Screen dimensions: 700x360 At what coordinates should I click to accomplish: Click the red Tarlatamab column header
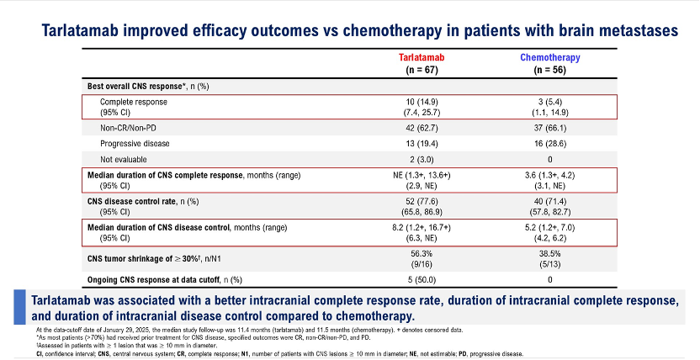(x=422, y=57)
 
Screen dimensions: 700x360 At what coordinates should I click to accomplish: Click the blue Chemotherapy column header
(x=550, y=57)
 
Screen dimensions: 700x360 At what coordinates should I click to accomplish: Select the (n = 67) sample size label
(x=422, y=70)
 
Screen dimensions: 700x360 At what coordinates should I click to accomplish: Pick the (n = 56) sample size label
(x=550, y=70)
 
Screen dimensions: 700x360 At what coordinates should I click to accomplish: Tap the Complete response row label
(x=134, y=102)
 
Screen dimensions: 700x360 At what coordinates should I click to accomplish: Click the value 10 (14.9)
(x=422, y=102)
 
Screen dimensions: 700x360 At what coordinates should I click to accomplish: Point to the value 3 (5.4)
(x=550, y=102)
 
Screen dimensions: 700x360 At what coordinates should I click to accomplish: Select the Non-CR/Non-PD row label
(x=128, y=129)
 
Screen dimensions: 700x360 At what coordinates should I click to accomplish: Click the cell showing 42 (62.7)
(x=422, y=129)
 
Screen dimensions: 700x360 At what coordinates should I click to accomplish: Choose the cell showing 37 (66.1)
(x=550, y=129)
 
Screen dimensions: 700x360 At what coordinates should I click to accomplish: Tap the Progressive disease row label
(x=135, y=144)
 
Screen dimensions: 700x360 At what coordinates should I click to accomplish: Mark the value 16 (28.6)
(x=550, y=144)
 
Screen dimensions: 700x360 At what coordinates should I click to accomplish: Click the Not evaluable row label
(x=123, y=159)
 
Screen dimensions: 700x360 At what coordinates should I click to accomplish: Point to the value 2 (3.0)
(x=422, y=159)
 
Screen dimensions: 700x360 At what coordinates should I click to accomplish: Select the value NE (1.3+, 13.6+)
(x=422, y=175)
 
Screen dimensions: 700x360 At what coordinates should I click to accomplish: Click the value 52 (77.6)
(x=422, y=201)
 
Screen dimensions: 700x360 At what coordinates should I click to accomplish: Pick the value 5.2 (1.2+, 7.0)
(x=550, y=227)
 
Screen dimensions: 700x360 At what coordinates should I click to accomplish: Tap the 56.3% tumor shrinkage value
(x=422, y=254)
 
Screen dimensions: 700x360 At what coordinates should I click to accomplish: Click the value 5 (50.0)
(x=422, y=280)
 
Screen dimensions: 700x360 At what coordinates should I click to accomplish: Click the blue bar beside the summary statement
(x=19, y=307)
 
